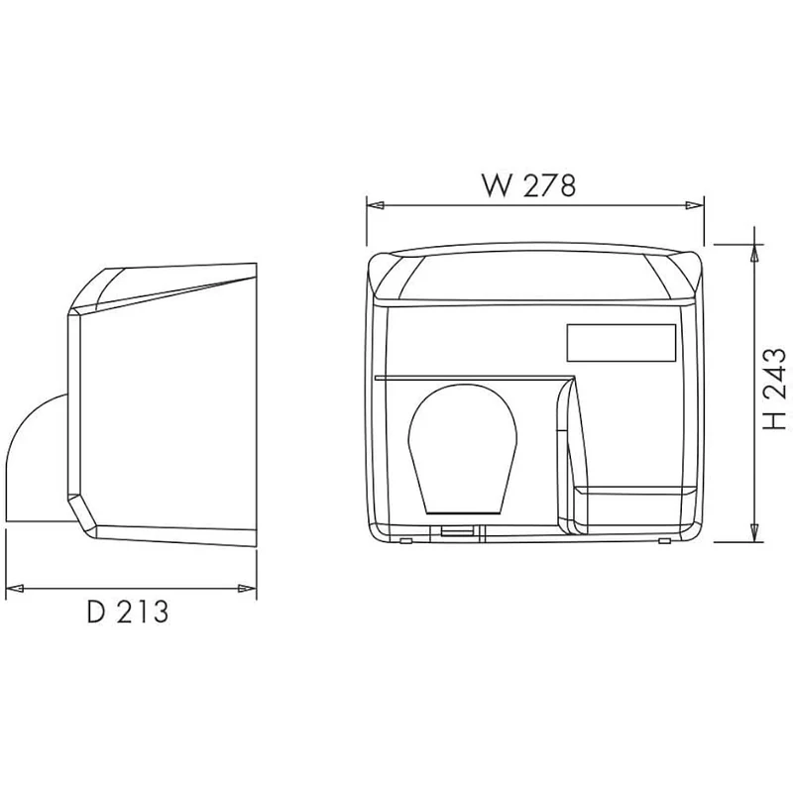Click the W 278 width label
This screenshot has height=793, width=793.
tap(528, 185)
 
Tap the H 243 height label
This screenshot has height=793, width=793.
tap(774, 389)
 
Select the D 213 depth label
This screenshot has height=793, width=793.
tap(128, 612)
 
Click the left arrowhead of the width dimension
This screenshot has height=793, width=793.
tap(376, 205)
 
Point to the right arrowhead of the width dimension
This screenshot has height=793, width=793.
tap(695, 205)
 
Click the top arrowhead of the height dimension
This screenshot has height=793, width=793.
tap(754, 253)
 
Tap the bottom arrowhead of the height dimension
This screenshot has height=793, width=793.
tap(754, 533)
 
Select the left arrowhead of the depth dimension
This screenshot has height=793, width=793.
tap(14, 588)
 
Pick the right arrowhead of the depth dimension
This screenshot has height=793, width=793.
tap(247, 588)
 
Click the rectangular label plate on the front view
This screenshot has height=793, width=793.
tap(622, 342)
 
